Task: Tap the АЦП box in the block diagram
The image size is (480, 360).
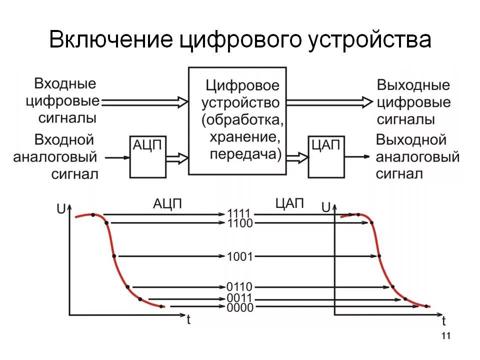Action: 147,156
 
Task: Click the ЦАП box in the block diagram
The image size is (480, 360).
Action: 326,156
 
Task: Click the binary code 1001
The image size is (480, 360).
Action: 239,256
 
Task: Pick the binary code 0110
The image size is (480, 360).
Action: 239,287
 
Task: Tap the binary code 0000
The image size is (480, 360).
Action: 239,307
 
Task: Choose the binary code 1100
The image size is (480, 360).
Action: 239,222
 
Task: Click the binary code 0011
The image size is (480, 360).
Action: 239,298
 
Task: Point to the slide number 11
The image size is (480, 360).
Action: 446,335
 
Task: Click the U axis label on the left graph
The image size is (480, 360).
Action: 61,209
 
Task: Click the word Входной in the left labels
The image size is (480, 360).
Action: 64,139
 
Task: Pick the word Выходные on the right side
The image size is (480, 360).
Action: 413,85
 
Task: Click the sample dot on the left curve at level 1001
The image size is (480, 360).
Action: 115,256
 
